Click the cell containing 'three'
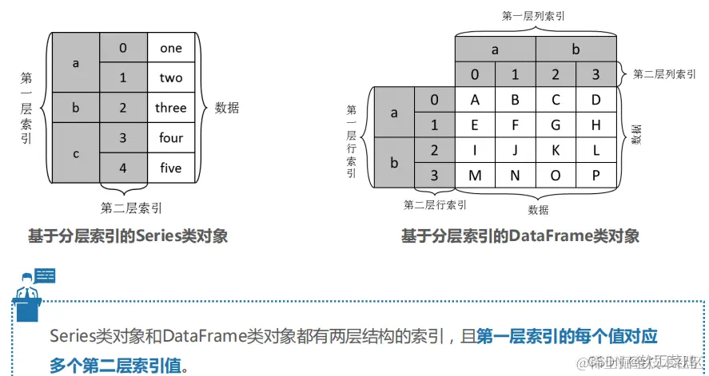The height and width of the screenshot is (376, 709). (171, 108)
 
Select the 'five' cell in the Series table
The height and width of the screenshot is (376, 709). (171, 168)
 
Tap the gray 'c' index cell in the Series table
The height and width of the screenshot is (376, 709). (76, 153)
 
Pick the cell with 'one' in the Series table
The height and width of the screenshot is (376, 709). (171, 48)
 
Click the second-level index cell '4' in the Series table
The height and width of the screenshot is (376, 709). (123, 168)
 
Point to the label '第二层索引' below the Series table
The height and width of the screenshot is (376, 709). (131, 208)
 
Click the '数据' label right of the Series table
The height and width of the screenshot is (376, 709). (227, 108)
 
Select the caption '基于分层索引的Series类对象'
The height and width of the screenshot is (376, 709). (128, 236)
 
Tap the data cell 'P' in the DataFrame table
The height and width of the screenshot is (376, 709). (595, 176)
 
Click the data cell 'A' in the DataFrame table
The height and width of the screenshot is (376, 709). (476, 100)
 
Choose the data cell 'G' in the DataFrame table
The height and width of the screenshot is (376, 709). (556, 125)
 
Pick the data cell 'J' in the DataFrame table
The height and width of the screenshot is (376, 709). (516, 150)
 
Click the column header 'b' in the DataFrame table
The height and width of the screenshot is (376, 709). (576, 49)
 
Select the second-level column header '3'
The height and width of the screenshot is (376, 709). (595, 75)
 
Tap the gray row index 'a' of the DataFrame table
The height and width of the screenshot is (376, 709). (394, 113)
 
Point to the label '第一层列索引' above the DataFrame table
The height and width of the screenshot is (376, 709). (536, 15)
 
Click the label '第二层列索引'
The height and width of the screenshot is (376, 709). (665, 74)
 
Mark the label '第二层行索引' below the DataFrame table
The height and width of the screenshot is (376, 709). (435, 205)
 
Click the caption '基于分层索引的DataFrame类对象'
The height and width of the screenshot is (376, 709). (520, 236)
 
